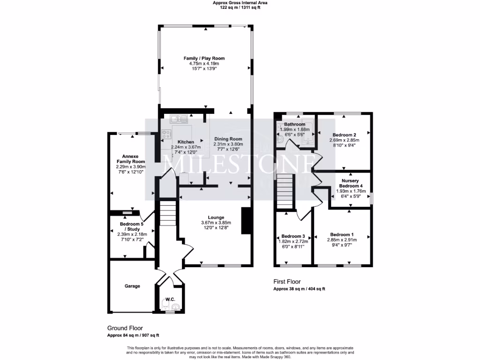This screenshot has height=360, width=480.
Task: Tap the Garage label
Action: pos(132,286)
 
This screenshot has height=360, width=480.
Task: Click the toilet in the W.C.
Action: pos(175,307)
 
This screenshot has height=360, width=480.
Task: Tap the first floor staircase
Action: pos(285,191)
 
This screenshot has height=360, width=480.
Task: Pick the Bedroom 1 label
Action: pos(342,234)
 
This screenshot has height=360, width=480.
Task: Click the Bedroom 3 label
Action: pos(293,236)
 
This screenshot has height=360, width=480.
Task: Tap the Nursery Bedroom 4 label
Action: pos(351,183)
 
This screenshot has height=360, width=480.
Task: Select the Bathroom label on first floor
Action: pos(294,124)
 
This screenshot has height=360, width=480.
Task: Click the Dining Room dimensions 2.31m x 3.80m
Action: pos(228,144)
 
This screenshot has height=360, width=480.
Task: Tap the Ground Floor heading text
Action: pos(125,328)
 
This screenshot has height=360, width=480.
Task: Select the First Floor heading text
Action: pos(287,282)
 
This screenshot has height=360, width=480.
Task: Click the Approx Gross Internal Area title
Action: pos(240,2)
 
